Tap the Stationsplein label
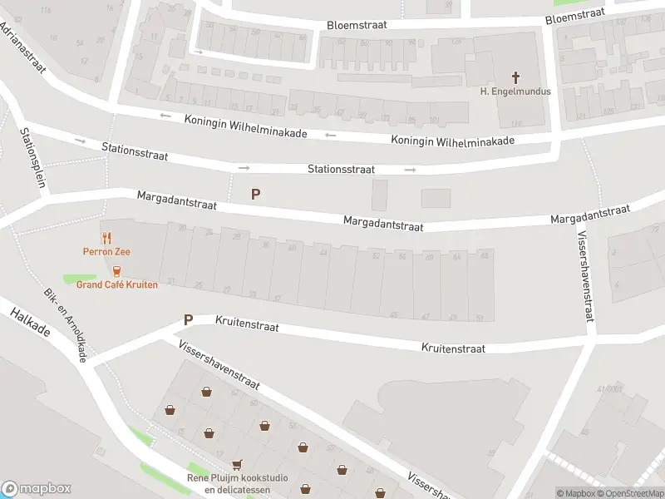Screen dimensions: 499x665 (32, 157)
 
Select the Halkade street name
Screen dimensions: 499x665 (31, 323)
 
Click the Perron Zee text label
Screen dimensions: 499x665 (106, 251)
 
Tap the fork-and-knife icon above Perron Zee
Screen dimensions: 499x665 (106, 239)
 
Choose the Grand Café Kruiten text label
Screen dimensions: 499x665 (116, 284)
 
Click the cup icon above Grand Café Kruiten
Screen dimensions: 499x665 (116, 271)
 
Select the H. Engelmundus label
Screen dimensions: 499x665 (515, 91)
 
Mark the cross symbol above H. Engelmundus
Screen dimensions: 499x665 (515, 77)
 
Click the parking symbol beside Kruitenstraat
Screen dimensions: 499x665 (188, 319)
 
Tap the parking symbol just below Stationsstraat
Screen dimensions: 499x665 (256, 195)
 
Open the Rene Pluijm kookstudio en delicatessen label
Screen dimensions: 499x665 (237, 484)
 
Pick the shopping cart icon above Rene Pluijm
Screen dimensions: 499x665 (238, 465)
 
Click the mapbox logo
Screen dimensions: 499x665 (36, 489)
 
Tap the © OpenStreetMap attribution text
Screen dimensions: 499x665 (630, 493)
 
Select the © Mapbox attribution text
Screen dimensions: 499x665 (575, 493)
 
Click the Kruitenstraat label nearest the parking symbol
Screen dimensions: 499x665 (247, 324)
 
